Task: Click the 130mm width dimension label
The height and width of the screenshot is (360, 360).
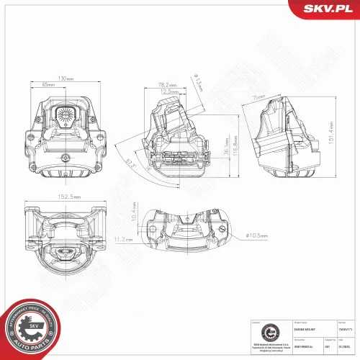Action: pyautogui.click(x=65, y=78)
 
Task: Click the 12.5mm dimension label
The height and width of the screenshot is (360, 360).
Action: pyautogui.click(x=169, y=92)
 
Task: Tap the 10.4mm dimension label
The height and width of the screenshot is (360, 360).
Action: pyautogui.click(x=135, y=212)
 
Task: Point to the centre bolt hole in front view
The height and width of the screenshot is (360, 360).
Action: pyautogui.click(x=65, y=158)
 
